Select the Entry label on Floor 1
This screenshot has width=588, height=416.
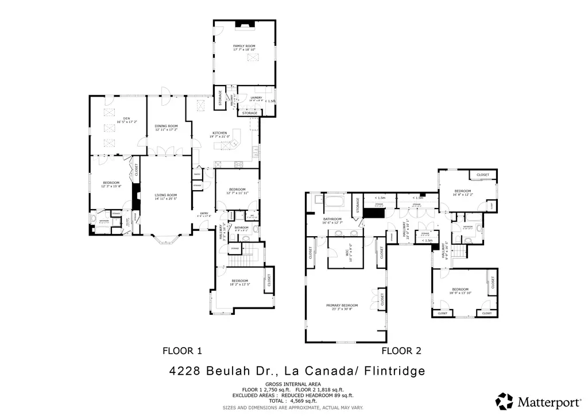(204, 214)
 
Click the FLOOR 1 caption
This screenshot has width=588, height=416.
(183, 350)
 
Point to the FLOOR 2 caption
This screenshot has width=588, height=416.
(402, 350)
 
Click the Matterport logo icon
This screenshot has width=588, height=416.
(504, 400)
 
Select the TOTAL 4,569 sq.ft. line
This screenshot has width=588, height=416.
(293, 402)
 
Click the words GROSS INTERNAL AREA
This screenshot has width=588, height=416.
(293, 384)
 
